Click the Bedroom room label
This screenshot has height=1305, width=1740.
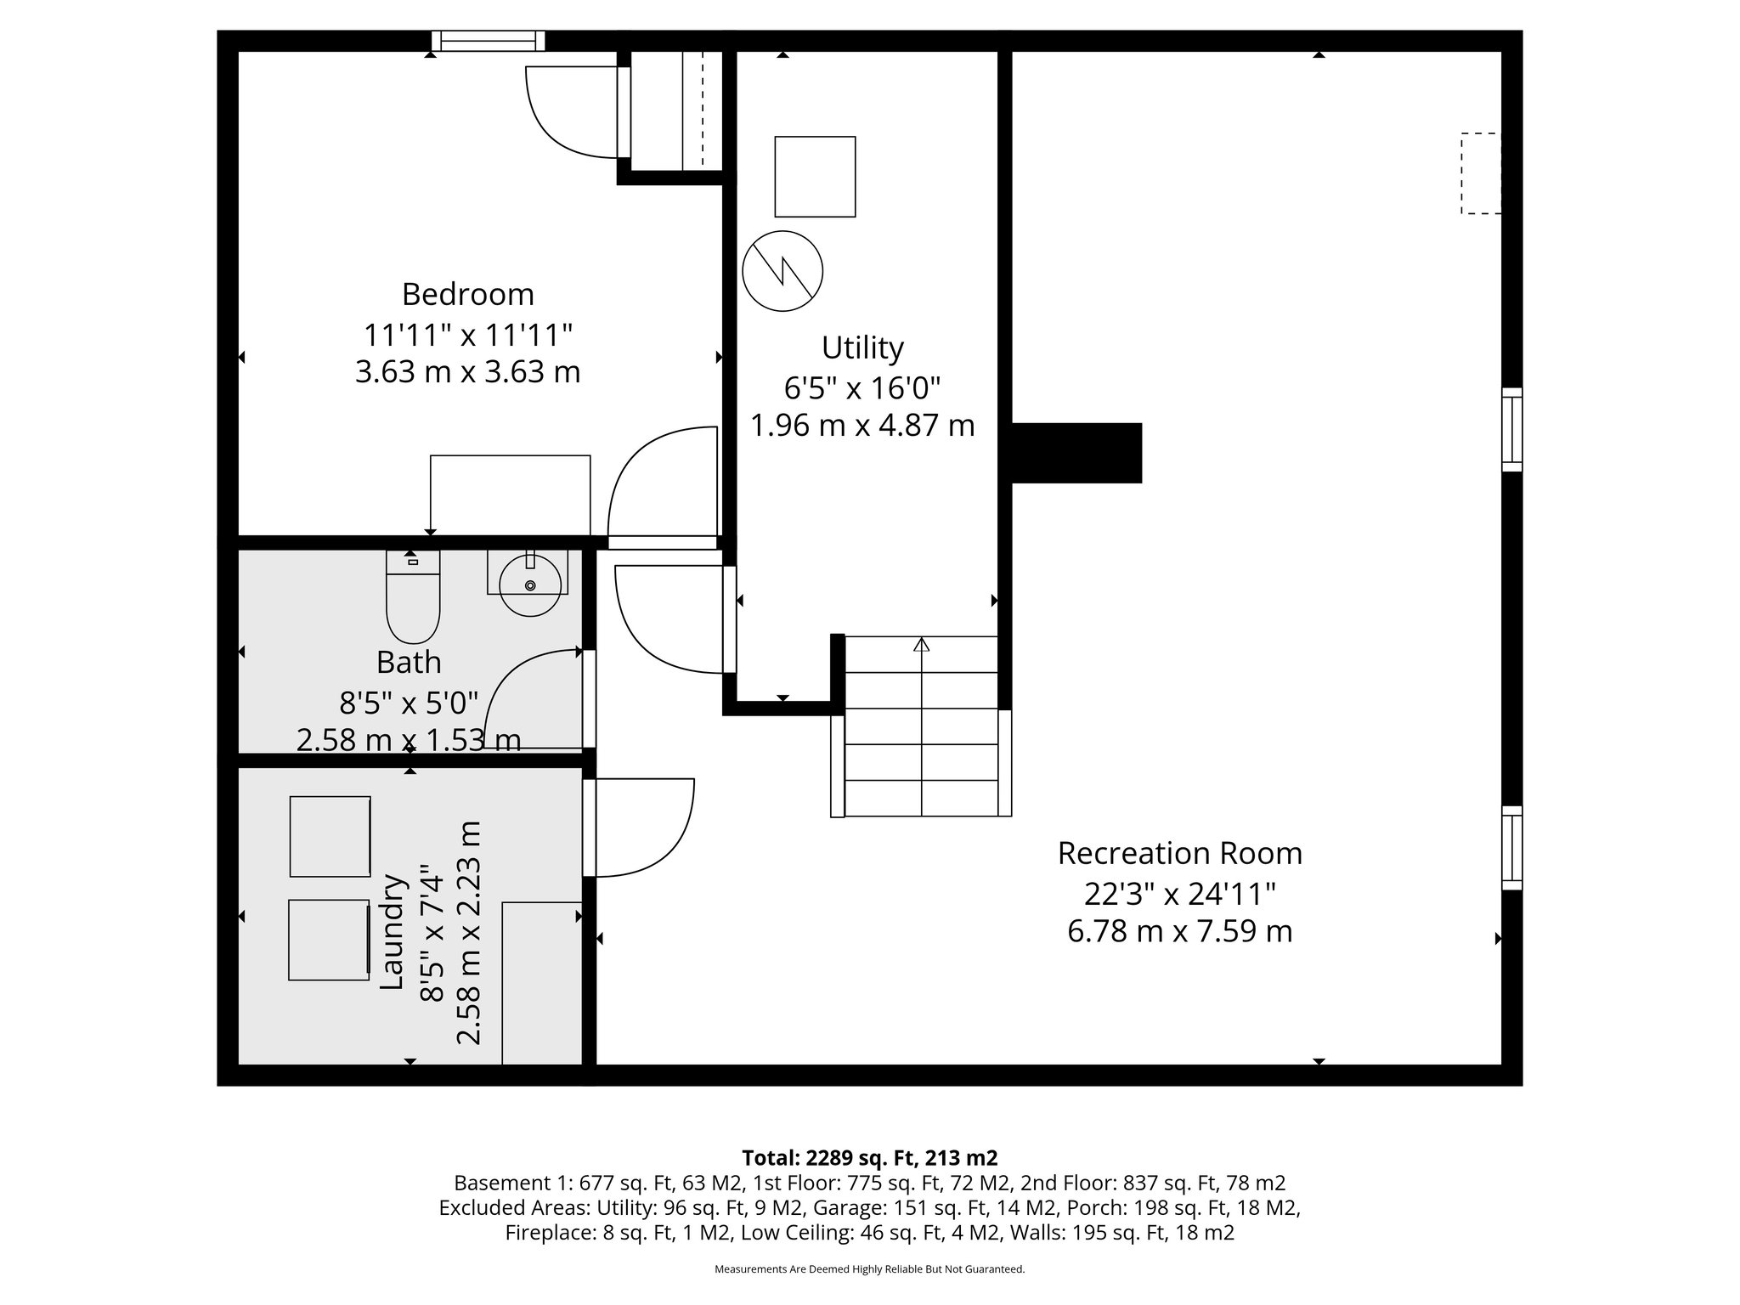467,294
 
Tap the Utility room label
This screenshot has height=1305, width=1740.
862,347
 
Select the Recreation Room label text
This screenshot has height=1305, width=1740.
1179,853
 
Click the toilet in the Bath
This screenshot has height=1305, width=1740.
413,598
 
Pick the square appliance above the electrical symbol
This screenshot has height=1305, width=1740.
815,177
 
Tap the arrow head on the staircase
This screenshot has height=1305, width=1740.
921,644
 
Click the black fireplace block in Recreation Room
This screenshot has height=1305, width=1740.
1076,453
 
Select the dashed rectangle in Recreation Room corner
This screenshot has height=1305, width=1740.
1480,173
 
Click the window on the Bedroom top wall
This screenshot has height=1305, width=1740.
488,41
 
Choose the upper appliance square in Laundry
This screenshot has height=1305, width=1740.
330,836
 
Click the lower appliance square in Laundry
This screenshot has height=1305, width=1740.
328,940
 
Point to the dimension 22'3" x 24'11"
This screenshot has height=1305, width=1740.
1179,894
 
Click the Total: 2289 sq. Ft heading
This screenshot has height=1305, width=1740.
869,1157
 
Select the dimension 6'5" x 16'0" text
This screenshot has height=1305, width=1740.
862,388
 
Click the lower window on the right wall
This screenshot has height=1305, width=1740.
1511,847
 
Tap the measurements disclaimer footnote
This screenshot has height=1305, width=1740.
869,1269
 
